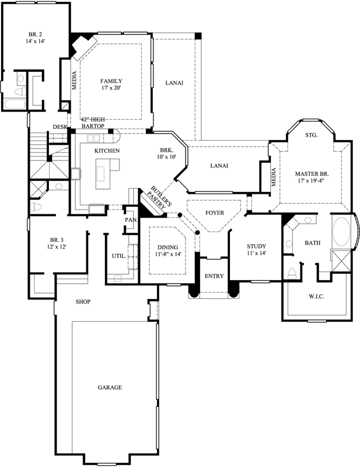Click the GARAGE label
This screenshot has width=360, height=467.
109,388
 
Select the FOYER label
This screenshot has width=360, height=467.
214,212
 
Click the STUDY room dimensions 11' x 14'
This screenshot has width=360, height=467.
256,253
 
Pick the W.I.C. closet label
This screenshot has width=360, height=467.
316,297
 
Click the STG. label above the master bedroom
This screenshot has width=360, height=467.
311,135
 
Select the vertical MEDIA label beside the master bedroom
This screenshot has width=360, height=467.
274,178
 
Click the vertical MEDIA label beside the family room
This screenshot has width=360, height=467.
75,81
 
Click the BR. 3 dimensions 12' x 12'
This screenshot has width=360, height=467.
57,248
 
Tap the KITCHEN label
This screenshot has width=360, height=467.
107,151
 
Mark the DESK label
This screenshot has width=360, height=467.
60,127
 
